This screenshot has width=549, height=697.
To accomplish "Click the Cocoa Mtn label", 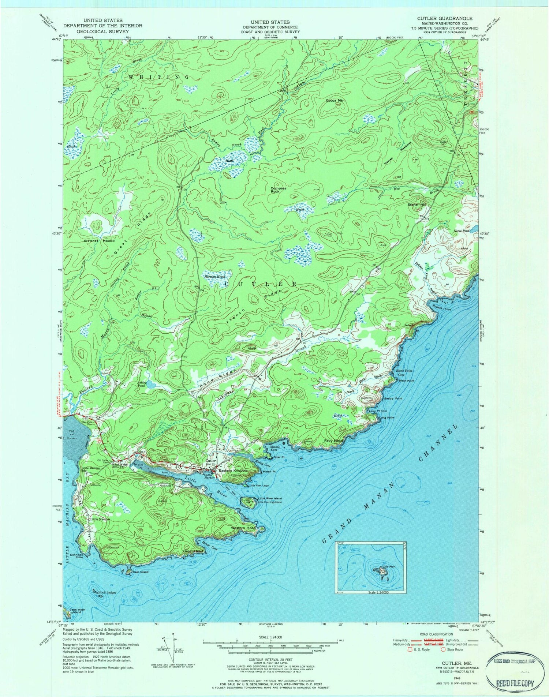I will coord(335,100).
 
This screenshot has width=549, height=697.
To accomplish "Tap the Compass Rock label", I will coord(279,190).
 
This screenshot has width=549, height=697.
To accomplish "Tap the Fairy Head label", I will coord(333,441).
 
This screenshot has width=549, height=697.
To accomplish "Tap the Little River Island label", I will coord(270,499).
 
